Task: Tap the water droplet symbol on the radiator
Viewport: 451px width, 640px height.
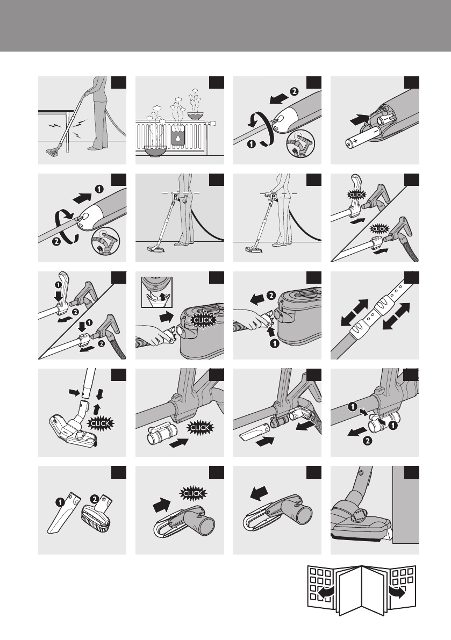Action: [x=178, y=138]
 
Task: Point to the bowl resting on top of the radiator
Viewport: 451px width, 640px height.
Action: [x=196, y=116]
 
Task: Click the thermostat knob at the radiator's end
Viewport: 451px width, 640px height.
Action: [x=211, y=123]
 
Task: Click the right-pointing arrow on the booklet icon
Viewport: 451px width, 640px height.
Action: [x=398, y=592]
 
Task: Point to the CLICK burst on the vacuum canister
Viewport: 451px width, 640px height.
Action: [x=203, y=320]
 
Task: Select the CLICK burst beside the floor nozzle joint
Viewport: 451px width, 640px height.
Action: [x=100, y=423]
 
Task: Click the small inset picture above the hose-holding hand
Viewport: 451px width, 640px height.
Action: [x=157, y=292]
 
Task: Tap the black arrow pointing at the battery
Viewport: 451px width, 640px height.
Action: [x=360, y=119]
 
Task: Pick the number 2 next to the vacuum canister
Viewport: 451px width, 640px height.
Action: [x=270, y=295]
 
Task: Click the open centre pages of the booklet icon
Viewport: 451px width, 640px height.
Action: [x=361, y=589]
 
